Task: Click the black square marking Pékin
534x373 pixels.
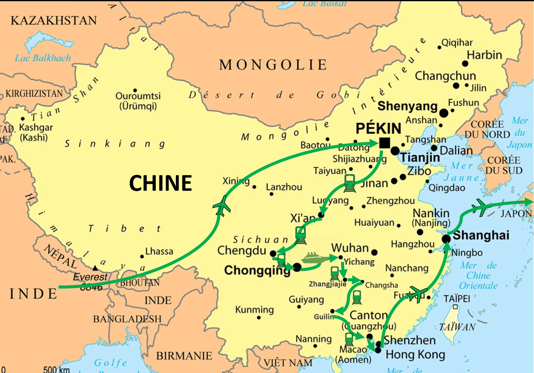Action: click(384, 143)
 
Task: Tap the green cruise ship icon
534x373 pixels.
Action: click(315, 258)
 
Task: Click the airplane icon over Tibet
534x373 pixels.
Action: click(222, 206)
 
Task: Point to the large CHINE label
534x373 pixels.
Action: click(160, 183)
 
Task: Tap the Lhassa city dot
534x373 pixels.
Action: click(142, 256)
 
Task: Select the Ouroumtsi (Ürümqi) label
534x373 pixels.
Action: click(138, 101)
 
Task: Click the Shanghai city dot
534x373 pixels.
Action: click(446, 239)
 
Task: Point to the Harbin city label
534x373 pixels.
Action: click(484, 55)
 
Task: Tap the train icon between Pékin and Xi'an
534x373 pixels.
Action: click(350, 183)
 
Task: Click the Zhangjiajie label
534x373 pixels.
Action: click(327, 284)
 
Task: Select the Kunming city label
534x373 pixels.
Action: click(254, 310)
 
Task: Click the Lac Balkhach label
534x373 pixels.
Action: click(43, 58)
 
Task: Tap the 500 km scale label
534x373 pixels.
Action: click(56, 369)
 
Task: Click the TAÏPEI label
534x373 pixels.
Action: click(456, 298)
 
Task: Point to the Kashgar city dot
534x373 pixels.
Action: click(23, 119)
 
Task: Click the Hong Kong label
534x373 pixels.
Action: click(415, 355)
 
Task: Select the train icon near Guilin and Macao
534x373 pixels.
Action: click(349, 339)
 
